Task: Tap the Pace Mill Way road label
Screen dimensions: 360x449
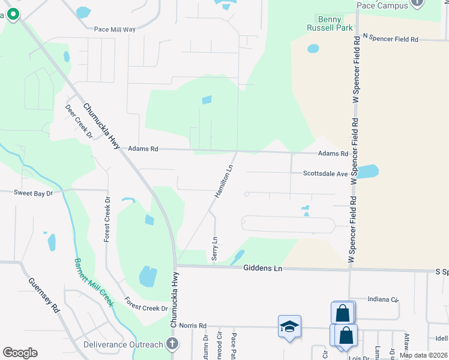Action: (x=115, y=29)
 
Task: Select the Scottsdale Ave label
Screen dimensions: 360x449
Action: (x=325, y=174)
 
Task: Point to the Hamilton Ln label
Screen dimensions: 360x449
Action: (x=224, y=182)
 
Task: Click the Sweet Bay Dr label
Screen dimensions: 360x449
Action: (x=34, y=193)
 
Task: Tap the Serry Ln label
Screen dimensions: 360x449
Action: (x=214, y=248)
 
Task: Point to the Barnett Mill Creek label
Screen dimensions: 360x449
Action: (x=94, y=283)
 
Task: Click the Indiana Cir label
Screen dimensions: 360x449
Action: (x=382, y=299)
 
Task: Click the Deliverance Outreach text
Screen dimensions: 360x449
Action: (x=123, y=344)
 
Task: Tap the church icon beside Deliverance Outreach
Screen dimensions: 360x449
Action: (x=172, y=344)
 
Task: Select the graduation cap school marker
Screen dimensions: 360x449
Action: (x=289, y=326)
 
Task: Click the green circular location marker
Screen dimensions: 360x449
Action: (x=12, y=15)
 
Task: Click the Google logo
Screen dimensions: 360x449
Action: (x=20, y=352)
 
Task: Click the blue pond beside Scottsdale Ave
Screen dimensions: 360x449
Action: (x=367, y=172)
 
